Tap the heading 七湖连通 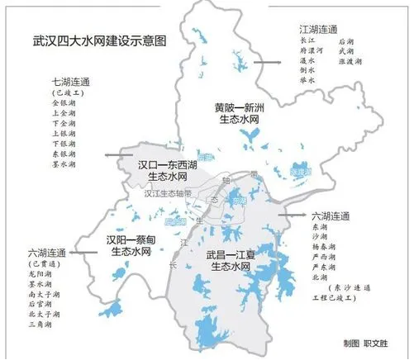click(x=69, y=82)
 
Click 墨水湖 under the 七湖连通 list click(x=64, y=164)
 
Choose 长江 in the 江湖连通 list click(x=307, y=40)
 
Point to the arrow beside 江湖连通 click(x=266, y=62)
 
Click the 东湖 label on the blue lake click(x=240, y=200)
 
